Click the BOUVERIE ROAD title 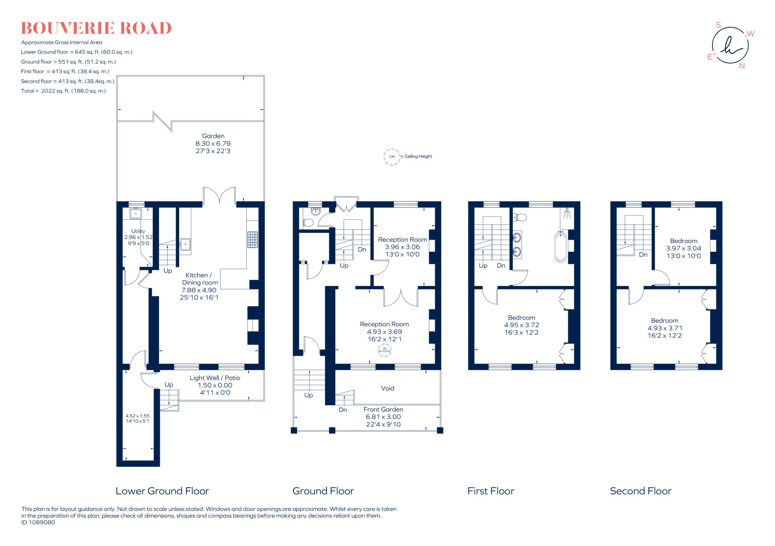[96, 28]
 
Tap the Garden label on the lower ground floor [213, 136]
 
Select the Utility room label [138, 231]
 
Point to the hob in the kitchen [252, 240]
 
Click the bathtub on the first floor [560, 246]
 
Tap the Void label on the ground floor [387, 388]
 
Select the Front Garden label [383, 409]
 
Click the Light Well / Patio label [215, 378]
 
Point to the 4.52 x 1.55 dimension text [137, 416]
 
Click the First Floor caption [491, 491]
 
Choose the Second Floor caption [641, 491]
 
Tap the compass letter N [742, 66]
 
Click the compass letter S [718, 25]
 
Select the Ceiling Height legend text [418, 156]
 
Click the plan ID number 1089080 [44, 523]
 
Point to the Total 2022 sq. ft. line [63, 91]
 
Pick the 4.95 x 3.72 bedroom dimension [521, 325]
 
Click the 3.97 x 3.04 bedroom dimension [683, 248]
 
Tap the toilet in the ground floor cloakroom [308, 223]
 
